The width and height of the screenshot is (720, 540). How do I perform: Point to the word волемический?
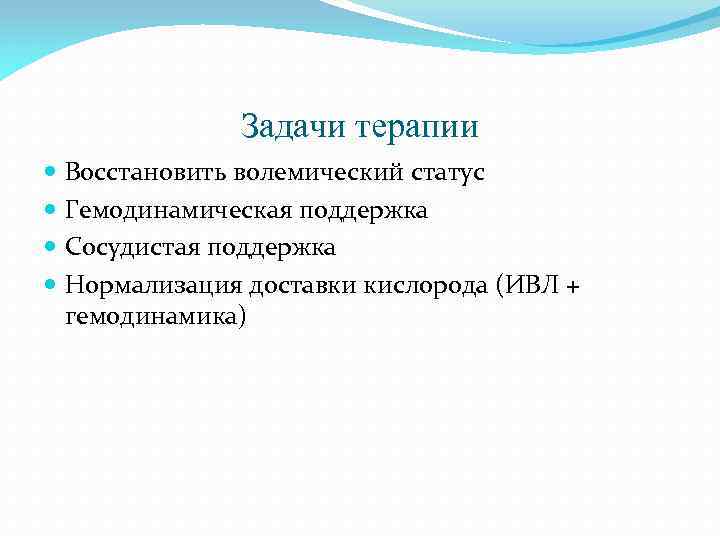319,173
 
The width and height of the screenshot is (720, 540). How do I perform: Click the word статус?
448,173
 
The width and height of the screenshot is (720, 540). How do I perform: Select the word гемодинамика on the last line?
150,315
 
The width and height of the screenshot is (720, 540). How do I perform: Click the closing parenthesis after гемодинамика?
240,316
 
